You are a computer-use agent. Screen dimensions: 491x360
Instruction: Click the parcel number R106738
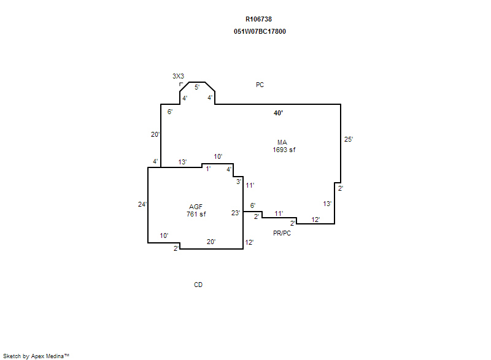258,19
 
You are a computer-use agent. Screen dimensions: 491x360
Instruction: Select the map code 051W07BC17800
260,31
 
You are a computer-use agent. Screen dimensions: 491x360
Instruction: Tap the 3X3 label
178,76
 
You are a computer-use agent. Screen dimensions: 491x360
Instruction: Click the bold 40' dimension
278,113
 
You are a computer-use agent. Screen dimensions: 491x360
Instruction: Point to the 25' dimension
349,139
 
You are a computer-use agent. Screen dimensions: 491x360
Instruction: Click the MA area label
282,142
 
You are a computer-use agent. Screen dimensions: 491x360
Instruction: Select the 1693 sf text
284,150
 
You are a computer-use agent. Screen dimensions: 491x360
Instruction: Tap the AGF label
196,207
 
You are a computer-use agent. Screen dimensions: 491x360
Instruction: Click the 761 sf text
196,214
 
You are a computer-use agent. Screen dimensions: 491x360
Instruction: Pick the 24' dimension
142,204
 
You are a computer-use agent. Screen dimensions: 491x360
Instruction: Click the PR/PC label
282,233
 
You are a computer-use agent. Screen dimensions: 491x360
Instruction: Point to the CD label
198,285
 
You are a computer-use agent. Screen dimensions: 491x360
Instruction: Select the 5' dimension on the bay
197,87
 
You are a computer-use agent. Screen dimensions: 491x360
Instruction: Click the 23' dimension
236,213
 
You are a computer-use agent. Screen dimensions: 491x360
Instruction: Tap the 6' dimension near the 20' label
170,112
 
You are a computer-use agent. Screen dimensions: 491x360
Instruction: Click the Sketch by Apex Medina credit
36,356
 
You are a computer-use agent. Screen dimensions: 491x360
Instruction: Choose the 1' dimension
208,169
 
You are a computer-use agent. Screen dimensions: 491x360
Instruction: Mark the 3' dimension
239,182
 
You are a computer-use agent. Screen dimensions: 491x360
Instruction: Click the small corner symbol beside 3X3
181,84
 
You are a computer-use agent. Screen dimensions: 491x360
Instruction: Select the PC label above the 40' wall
260,85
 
